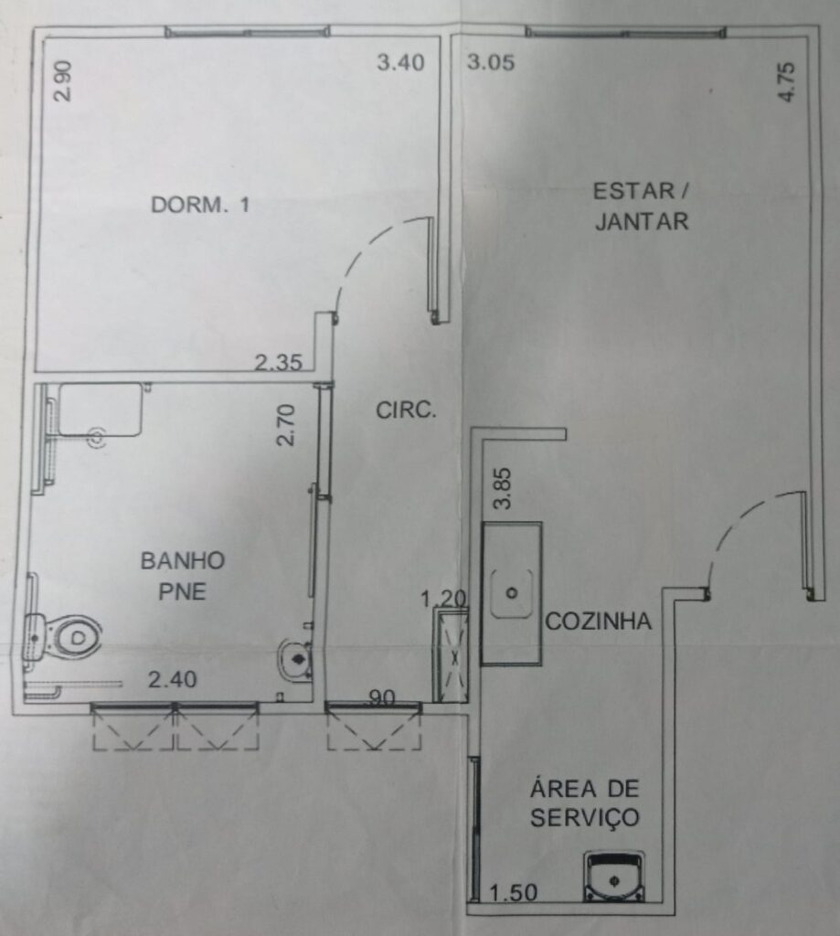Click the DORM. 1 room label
[200, 205]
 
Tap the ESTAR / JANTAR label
[641, 207]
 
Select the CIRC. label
[406, 410]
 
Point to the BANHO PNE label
[183, 576]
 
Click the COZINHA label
[598, 622]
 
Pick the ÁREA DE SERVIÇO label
[584, 803]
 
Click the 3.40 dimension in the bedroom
[400, 62]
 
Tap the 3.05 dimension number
[491, 62]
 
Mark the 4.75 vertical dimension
[787, 81]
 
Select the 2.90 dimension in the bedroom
[63, 80]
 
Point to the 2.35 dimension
[279, 362]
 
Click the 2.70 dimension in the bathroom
[286, 425]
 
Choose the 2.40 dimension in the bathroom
[173, 679]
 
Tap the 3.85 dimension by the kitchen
[503, 488]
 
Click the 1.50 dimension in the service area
[514, 893]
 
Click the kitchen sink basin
[512, 593]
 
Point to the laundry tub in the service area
[613, 877]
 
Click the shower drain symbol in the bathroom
[97, 439]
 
